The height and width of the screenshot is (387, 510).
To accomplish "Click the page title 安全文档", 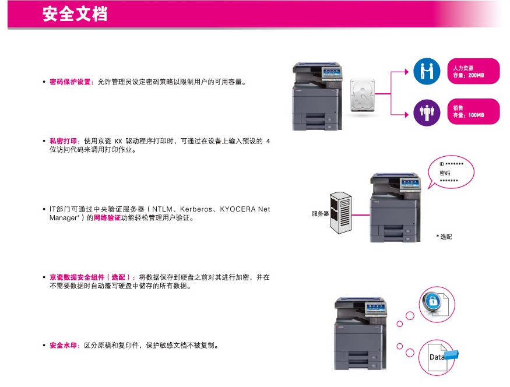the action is coord(75,14).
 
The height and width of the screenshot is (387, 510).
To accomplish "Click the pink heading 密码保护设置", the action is coord(70,82).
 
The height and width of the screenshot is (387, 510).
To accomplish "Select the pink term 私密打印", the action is coord(63,141).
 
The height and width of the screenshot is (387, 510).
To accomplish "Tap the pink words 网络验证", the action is coord(107,218).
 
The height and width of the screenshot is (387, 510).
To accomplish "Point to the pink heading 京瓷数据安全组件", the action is coord(77,277).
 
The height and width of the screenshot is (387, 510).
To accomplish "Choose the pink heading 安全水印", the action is coord(63,346).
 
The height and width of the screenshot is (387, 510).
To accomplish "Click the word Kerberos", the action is coord(196,209).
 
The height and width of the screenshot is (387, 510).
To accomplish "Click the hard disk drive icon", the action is coord(363,95).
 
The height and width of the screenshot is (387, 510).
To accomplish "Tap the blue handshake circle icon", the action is coord(427,71).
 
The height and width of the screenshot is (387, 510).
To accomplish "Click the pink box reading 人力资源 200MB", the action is coord(473,71).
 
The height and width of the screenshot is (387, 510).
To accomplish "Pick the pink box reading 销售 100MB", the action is coord(473,111).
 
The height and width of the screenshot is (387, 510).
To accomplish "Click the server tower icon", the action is coord(340,213).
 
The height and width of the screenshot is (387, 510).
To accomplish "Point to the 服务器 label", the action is coord(320,214).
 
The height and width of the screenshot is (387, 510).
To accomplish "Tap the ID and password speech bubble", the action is coord(452,172).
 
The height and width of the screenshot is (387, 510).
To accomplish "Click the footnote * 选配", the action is coord(444,237).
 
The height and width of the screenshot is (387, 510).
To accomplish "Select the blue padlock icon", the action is coord(432,301).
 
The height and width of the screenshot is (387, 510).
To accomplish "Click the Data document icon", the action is coord(438,357).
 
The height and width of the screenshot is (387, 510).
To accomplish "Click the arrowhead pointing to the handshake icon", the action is coord(406,72).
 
